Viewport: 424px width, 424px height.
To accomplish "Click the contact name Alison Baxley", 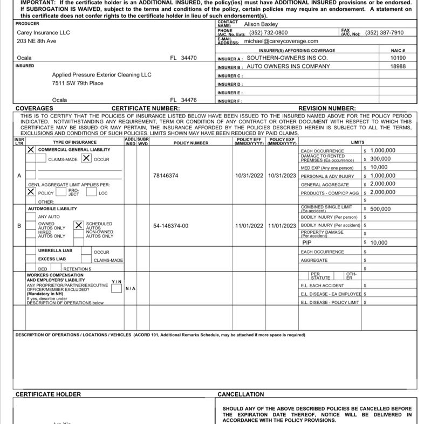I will [x=261, y=24].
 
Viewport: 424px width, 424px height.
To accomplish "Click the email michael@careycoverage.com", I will [x=281, y=41].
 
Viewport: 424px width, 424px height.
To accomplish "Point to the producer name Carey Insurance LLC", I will [x=44, y=32].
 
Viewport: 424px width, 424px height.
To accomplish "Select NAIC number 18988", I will [x=398, y=66].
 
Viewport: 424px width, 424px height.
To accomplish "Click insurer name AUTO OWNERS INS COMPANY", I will [x=288, y=66].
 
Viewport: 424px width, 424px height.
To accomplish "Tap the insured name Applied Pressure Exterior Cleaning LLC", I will [x=102, y=75].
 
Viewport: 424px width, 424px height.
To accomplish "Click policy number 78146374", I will [x=166, y=176].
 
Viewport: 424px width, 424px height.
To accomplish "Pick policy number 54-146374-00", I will [x=171, y=226].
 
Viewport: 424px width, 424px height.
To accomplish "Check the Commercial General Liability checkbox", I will [x=32, y=150].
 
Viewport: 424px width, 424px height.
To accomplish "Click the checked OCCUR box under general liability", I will [x=86, y=159].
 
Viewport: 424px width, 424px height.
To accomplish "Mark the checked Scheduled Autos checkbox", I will [x=79, y=225].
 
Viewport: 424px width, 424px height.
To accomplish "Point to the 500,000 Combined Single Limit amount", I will [x=380, y=209].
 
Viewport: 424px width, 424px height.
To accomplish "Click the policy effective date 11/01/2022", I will [x=249, y=226].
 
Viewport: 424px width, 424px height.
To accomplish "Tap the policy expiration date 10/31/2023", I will [x=282, y=176].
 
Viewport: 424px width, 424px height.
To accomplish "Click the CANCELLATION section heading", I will [x=241, y=394].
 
